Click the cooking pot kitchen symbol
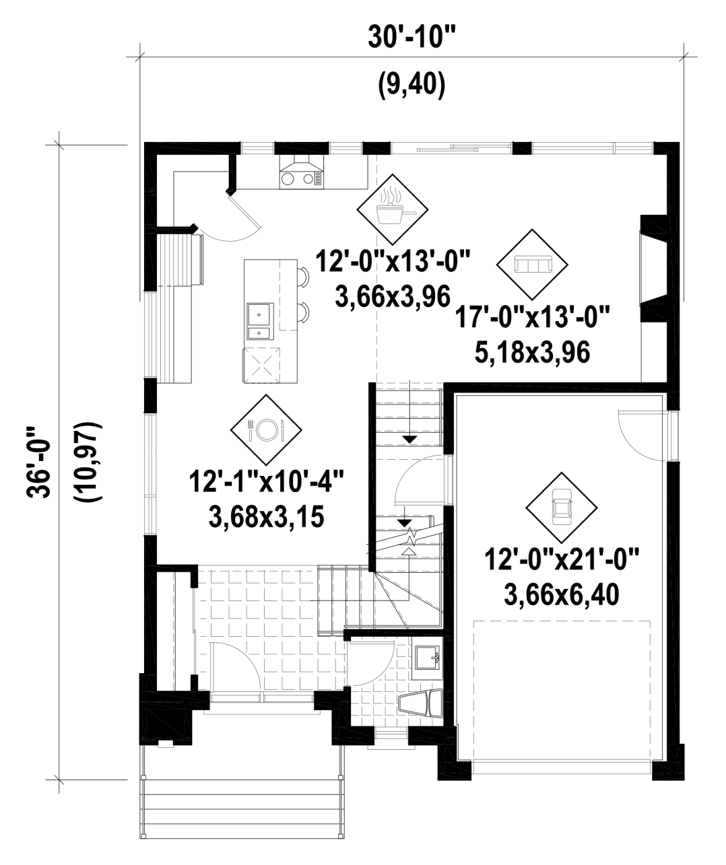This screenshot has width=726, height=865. (393, 209)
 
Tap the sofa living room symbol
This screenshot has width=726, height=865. (532, 264)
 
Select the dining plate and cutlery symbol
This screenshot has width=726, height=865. (266, 429)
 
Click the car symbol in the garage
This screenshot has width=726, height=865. (562, 508)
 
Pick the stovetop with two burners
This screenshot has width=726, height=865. (302, 179)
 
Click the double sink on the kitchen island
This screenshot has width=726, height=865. (260, 321)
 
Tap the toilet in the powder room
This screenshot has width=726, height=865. (421, 703)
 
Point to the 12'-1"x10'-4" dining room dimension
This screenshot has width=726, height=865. (266, 482)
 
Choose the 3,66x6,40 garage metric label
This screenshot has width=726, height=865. (562, 594)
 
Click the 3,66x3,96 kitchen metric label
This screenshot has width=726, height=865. (393, 297)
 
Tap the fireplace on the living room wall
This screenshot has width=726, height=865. (654, 268)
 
